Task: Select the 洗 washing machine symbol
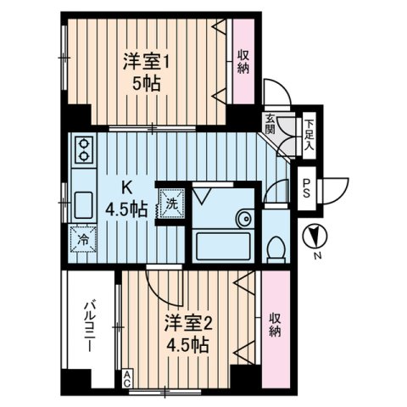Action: pyautogui.click(x=170, y=203)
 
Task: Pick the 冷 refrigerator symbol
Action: pyautogui.click(x=84, y=238)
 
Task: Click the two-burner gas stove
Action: pyautogui.click(x=85, y=151)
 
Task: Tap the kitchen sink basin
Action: pyautogui.click(x=85, y=204)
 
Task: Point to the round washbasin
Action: pyautogui.click(x=244, y=218)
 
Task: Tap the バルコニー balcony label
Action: pyautogui.click(x=89, y=327)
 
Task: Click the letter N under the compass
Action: pyautogui.click(x=316, y=256)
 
